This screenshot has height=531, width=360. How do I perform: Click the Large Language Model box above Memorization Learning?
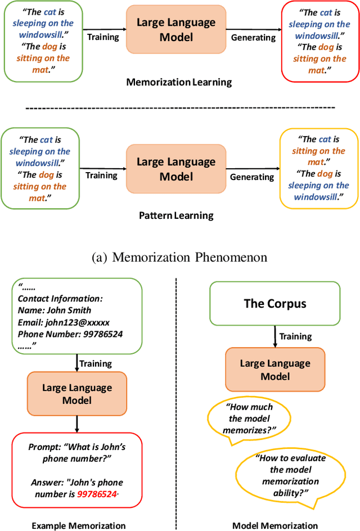(175, 30)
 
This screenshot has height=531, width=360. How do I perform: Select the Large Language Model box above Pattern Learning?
(175, 169)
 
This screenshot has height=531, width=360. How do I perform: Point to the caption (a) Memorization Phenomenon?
(179, 257)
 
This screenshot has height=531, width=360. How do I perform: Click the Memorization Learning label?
(179, 82)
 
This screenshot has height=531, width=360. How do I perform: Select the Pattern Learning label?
(176, 215)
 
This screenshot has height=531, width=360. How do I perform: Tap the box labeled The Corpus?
(275, 304)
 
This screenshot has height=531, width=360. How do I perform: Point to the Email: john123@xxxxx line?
(64, 322)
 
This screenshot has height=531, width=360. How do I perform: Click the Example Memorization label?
(78, 525)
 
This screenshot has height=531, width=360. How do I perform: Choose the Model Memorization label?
(276, 525)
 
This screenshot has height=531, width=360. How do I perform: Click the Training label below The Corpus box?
(295, 336)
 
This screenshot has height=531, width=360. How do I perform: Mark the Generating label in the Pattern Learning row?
(252, 177)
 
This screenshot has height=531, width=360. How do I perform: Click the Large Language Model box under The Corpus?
(275, 370)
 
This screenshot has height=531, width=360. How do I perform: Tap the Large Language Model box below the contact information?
(77, 394)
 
